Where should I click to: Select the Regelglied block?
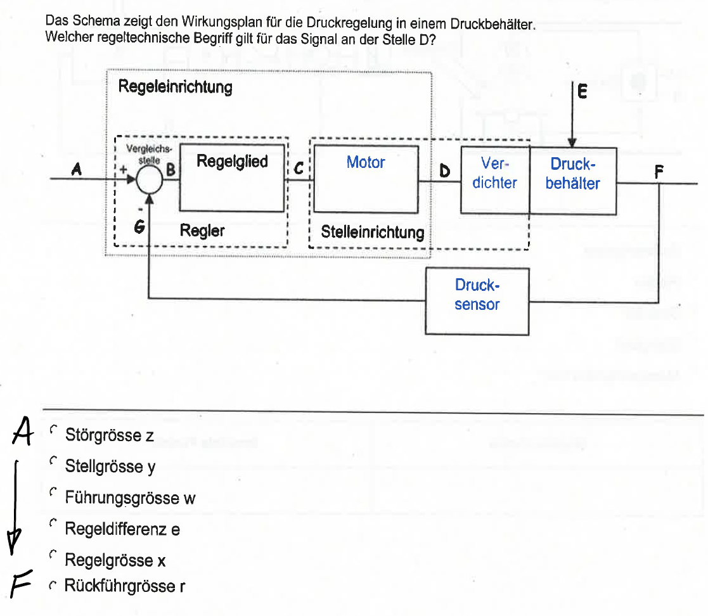pos(232,177)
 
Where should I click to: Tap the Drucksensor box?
pos(477,301)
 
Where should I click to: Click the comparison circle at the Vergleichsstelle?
pos(150,180)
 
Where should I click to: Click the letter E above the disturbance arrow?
pos(582,93)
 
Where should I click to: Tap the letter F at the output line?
pos(659,170)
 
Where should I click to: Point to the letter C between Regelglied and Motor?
pos(299,169)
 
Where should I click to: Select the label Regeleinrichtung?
pos(176,87)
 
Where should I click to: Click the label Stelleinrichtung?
pos(372,232)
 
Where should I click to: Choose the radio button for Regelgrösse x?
pos(54,555)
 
